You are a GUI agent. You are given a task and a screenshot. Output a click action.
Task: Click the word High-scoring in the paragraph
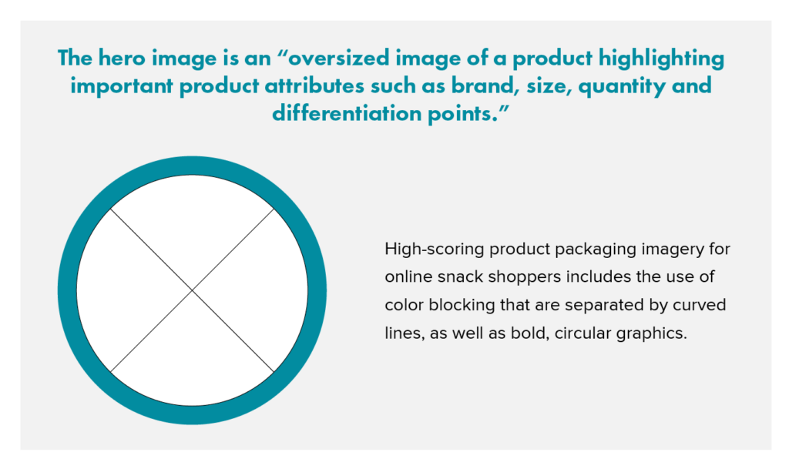click(x=428, y=250)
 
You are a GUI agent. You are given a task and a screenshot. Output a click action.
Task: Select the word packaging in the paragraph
click(x=583, y=250)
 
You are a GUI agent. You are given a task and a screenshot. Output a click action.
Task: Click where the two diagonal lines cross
click(x=192, y=290)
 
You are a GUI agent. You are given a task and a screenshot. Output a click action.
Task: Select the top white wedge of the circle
click(x=192, y=223)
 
